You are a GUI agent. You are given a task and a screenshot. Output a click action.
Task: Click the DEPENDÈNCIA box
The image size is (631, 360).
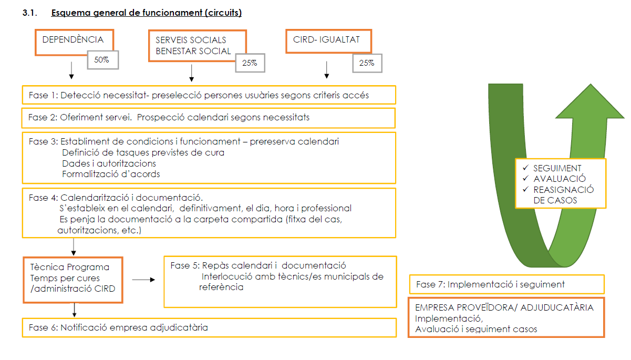coord(73,40)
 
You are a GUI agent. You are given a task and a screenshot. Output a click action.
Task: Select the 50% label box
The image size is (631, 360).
coord(102,60)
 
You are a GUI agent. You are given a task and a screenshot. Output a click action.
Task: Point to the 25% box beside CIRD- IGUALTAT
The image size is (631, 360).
coord(367,63)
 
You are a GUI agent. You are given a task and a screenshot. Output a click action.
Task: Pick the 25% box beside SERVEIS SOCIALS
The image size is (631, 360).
coord(250,63)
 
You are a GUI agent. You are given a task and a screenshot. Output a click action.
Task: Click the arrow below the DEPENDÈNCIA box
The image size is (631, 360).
coord(71,70)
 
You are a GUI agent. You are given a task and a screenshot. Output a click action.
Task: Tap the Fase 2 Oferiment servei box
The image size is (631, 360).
coord(208,117)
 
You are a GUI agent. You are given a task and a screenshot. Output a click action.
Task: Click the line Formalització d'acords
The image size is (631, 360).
coord(111,173)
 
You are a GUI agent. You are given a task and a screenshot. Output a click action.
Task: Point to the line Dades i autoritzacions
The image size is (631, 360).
coord(109,163)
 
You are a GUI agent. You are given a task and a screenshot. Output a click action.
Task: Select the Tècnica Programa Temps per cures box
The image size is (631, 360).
coord(73,280)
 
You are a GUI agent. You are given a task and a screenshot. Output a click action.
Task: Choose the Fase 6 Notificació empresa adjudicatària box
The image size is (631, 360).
coord(208,327)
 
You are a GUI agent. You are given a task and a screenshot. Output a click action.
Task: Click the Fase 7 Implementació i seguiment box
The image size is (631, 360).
coord(506,284)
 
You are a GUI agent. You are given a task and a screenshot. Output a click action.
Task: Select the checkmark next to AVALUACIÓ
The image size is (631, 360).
coord(525,179)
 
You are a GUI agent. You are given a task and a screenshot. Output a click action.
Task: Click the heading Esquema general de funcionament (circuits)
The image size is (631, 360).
coord(146,13)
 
